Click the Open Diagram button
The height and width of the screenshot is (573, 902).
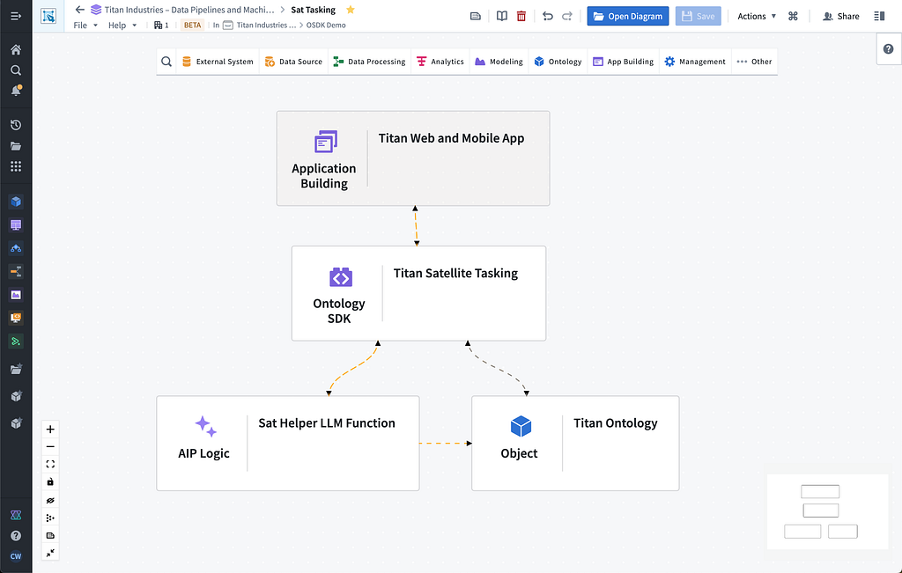pyautogui.click(x=627, y=16)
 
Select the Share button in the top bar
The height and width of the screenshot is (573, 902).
pyautogui.click(x=841, y=16)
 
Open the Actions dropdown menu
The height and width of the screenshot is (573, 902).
pyautogui.click(x=757, y=16)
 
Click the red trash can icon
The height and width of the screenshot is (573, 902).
pyautogui.click(x=521, y=16)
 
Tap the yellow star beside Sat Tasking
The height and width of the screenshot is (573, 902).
pyautogui.click(x=351, y=10)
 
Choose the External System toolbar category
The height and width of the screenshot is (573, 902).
pyautogui.click(x=218, y=62)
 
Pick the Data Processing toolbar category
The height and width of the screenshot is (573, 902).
pyautogui.click(x=369, y=62)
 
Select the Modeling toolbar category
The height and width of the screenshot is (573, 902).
pyautogui.click(x=499, y=62)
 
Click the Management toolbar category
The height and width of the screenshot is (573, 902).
pyautogui.click(x=695, y=62)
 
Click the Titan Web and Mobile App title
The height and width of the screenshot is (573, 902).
pyautogui.click(x=451, y=138)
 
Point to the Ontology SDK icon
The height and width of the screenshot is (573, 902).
pyautogui.click(x=341, y=277)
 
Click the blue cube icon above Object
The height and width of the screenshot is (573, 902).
pyautogui.click(x=521, y=426)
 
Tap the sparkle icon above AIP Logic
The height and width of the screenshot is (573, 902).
pyautogui.click(x=205, y=426)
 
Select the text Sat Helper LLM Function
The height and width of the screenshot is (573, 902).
pyautogui.click(x=327, y=423)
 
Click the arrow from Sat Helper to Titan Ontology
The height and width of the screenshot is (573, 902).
pyautogui.click(x=446, y=443)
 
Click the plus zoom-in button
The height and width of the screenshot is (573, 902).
pyautogui.click(x=50, y=430)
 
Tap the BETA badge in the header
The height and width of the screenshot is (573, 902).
pyautogui.click(x=192, y=26)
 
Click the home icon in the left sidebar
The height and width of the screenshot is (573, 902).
pyautogui.click(x=16, y=50)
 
